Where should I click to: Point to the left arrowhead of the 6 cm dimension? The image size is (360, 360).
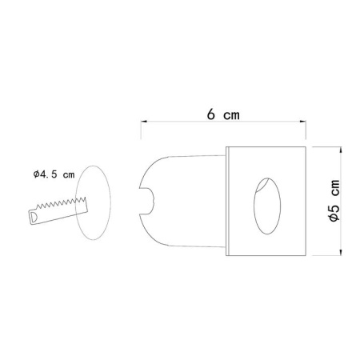pos(142,122)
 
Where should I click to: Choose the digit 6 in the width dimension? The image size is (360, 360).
pos(210,114)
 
